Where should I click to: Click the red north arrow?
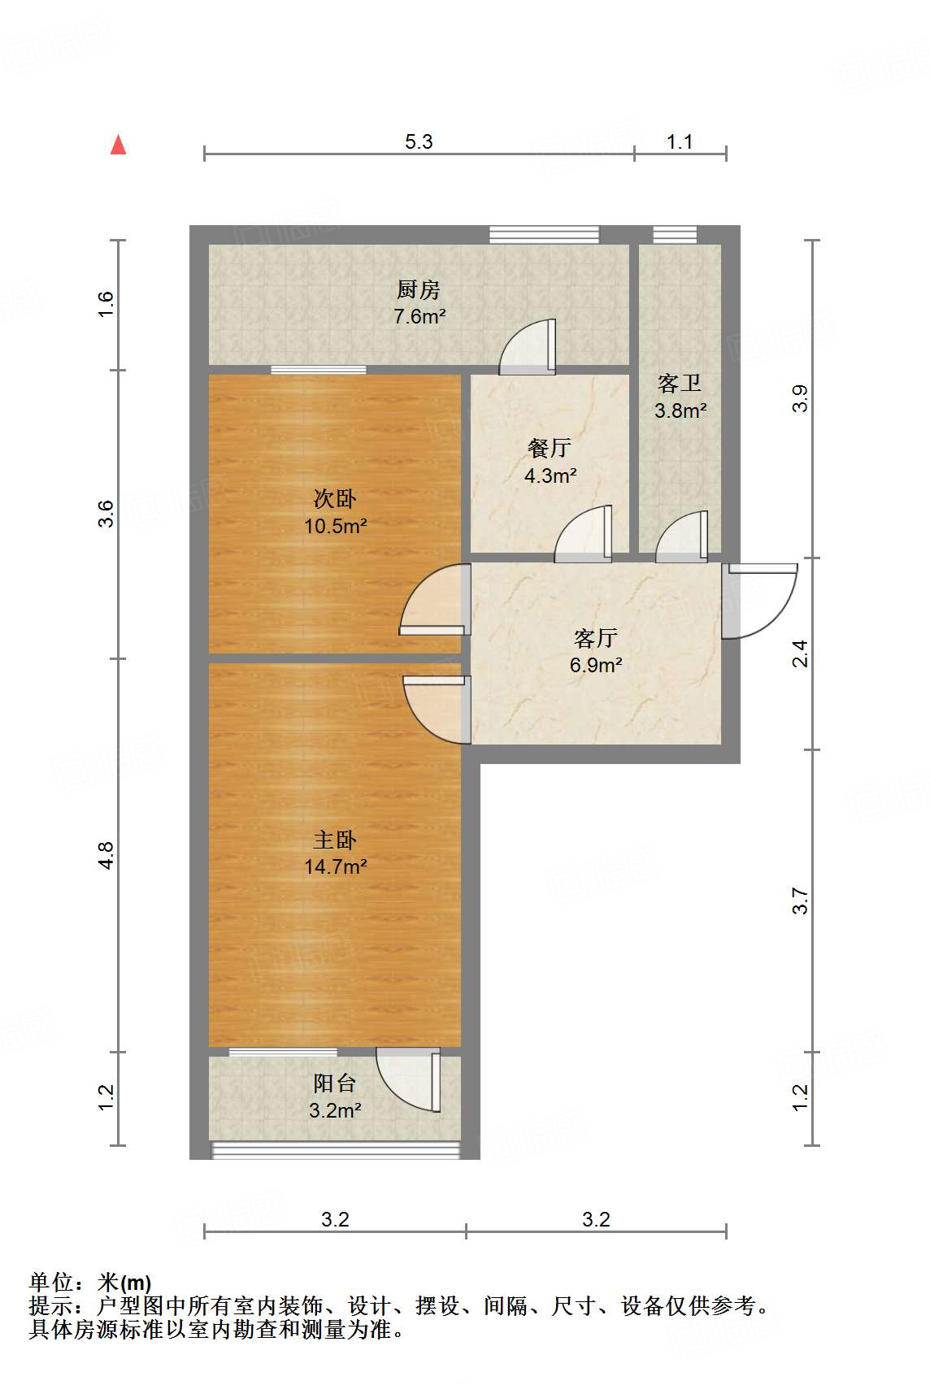pyautogui.click(x=118, y=145)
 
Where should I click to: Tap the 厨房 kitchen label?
pyautogui.click(x=419, y=289)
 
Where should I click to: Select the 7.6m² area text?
pyautogui.click(x=419, y=316)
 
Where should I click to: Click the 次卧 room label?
pyautogui.click(x=335, y=498)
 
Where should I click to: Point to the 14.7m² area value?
pyautogui.click(x=336, y=867)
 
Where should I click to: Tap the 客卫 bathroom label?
pyautogui.click(x=680, y=384)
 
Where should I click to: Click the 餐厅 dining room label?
pyautogui.click(x=549, y=448)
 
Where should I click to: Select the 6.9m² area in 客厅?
pyautogui.click(x=596, y=666)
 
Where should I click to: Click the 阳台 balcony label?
pyautogui.click(x=335, y=1083)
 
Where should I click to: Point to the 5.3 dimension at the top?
pyautogui.click(x=419, y=141)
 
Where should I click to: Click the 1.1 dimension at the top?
pyautogui.click(x=680, y=141)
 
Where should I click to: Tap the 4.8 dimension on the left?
pyautogui.click(x=106, y=855)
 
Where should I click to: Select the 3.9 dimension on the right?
pyautogui.click(x=800, y=399)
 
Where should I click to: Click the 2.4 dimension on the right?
pyautogui.click(x=800, y=653)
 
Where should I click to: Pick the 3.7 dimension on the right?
pyautogui.click(x=800, y=901)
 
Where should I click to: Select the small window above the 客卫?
pyautogui.click(x=675, y=234)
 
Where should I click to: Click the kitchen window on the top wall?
pyautogui.click(x=544, y=234)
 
